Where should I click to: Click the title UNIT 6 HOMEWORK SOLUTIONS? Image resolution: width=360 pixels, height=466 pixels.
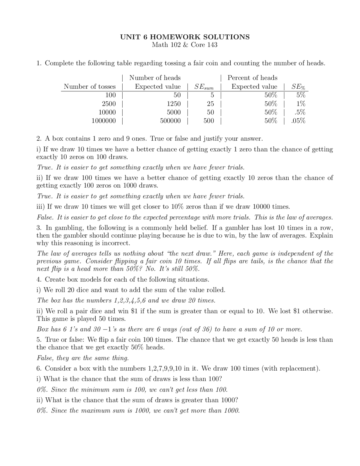tap(185, 37)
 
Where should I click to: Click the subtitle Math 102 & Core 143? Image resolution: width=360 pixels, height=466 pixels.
tap(185, 45)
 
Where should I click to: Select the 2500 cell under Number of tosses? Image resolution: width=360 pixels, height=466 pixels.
tap(109, 104)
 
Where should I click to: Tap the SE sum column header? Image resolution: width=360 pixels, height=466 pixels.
tap(204, 87)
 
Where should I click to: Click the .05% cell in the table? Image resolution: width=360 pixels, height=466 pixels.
tap(298, 121)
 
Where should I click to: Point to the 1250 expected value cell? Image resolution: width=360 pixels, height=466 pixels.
tap(174, 104)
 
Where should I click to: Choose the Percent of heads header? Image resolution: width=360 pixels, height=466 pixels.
tap(252, 78)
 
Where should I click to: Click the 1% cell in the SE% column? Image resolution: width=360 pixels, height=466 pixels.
tap(301, 104)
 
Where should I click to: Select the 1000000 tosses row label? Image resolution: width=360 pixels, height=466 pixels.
tap(103, 121)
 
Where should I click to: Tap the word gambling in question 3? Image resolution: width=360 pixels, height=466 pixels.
tap(67, 228)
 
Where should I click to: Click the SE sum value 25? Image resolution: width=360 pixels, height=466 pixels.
tap(210, 104)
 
